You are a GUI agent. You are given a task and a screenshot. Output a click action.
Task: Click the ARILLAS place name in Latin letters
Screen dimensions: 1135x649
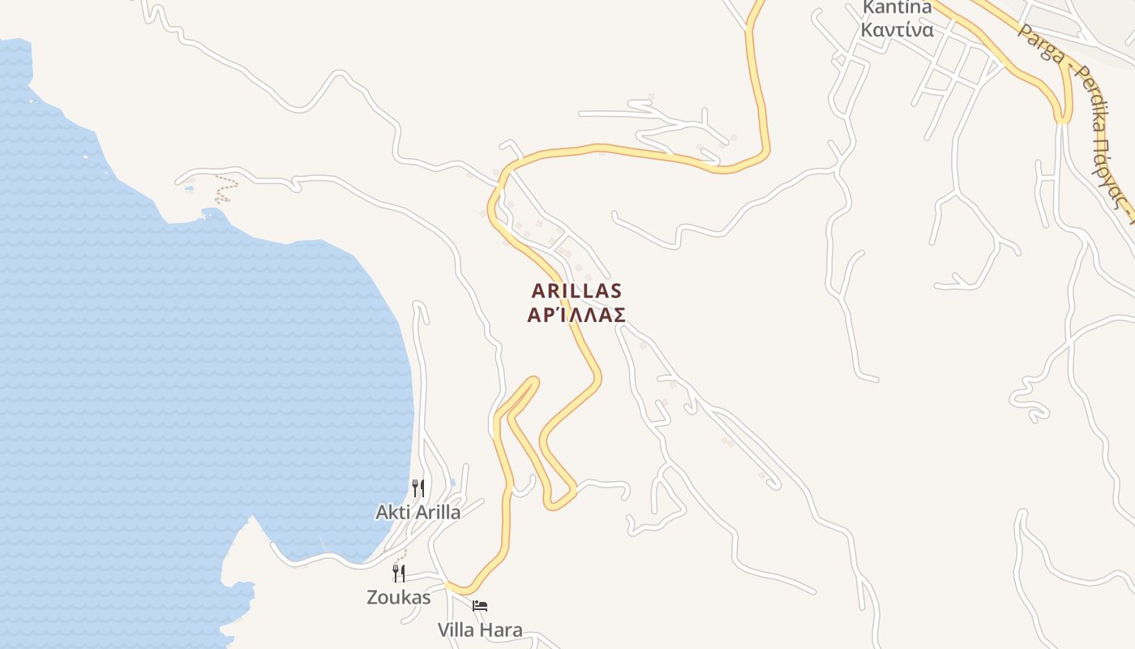click(x=576, y=290)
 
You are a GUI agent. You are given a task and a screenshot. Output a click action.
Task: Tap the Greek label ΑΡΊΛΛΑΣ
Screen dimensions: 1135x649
click(x=576, y=315)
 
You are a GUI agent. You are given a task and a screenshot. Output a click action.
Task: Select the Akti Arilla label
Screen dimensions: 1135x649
click(x=418, y=512)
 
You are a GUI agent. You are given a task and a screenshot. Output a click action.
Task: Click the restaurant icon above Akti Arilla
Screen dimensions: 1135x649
click(x=418, y=488)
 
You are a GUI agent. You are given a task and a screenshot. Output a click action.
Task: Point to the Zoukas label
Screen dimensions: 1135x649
click(x=398, y=597)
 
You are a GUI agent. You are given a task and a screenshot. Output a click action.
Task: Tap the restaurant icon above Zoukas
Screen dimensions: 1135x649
click(x=398, y=574)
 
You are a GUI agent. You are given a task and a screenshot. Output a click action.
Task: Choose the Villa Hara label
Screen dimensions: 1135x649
click(x=480, y=630)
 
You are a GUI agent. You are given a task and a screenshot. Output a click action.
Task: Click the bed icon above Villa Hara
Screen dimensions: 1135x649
click(x=480, y=606)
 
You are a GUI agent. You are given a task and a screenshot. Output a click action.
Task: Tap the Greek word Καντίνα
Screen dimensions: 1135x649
click(x=897, y=30)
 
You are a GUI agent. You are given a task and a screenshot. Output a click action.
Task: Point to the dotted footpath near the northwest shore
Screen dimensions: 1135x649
click(x=223, y=188)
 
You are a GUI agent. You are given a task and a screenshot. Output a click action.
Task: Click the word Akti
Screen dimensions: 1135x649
click(x=392, y=512)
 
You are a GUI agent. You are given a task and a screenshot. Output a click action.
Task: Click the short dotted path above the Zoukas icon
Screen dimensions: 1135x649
click(x=400, y=555)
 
